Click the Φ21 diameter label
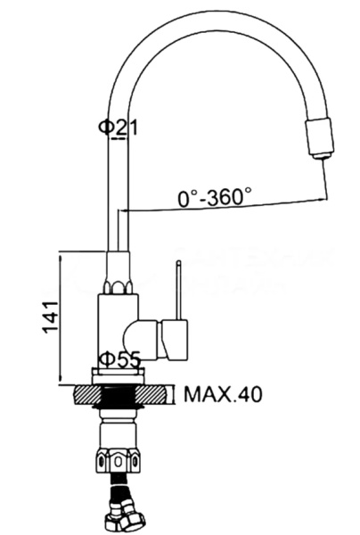[118, 127]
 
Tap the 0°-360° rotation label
[215, 197]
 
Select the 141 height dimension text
[50, 317]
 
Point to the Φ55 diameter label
[119, 359]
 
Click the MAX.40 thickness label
[223, 394]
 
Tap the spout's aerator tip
[321, 138]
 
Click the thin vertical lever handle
[178, 291]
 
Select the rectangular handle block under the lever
[175, 340]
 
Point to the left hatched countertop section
[87, 395]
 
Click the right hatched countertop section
[151, 395]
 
